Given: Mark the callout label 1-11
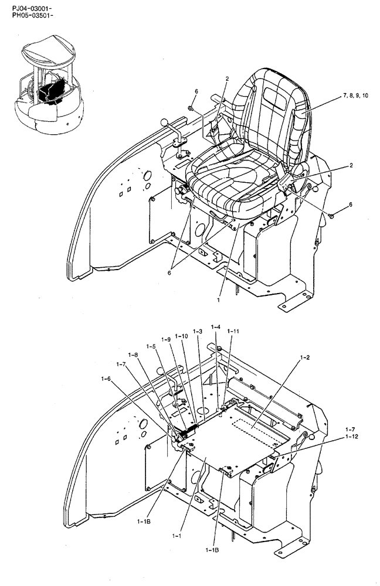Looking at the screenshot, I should tap(233, 332).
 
